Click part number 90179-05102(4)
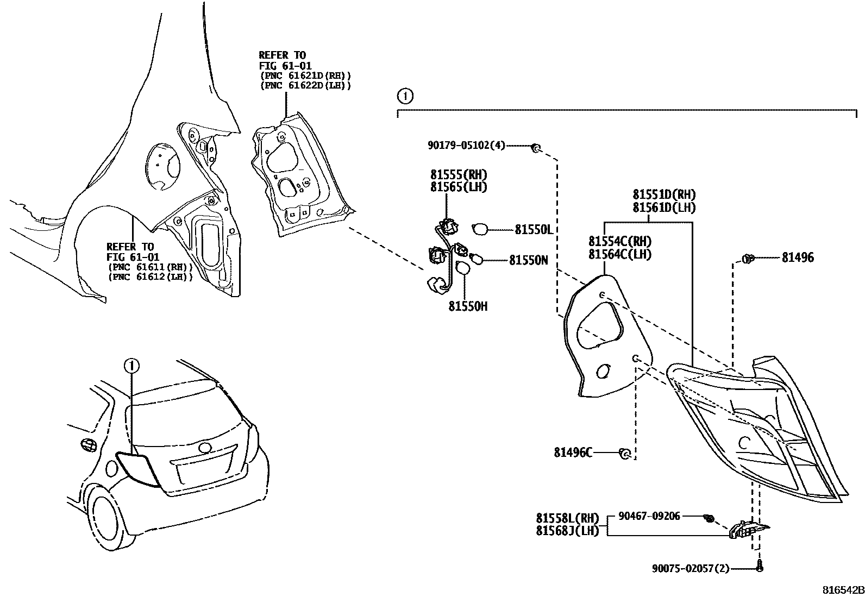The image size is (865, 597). point(466,145)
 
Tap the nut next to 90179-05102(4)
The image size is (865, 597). point(535,147)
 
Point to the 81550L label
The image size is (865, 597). point(534,230)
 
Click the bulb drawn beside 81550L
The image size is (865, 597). point(480,229)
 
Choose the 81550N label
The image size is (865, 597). point(528,261)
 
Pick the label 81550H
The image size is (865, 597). point(467,306)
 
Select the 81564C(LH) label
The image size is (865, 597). point(619,254)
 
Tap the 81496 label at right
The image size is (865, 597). point(798,258)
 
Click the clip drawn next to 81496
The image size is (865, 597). point(748,259)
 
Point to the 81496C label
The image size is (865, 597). point(573,452)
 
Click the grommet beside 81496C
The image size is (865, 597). point(625,453)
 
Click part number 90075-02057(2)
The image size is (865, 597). point(690,568)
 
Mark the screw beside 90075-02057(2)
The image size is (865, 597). point(760,567)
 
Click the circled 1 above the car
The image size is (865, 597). point(131,366)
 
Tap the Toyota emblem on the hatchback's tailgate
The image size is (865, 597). point(205,448)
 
